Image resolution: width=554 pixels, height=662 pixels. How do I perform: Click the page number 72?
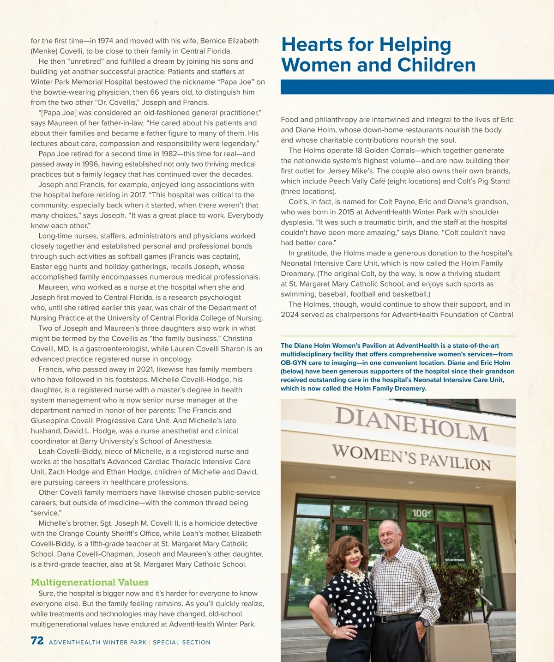point(37,641)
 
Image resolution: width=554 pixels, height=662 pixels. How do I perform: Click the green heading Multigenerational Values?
point(90,582)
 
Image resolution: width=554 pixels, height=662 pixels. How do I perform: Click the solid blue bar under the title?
point(417,87)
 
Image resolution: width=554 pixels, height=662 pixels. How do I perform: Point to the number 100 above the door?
point(420,513)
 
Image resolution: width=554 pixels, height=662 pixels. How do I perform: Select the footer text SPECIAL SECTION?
point(181,642)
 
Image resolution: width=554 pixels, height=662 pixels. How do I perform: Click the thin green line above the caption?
point(398,336)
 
